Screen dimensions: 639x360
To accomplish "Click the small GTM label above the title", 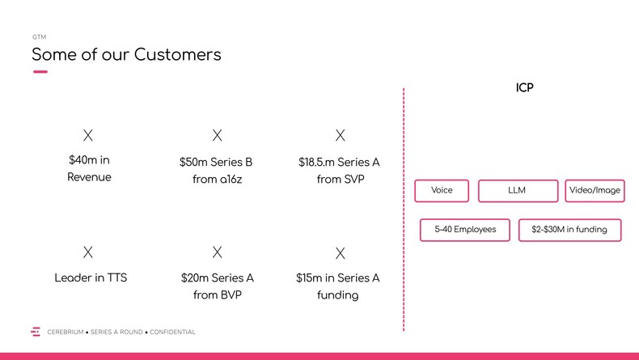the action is (39, 37).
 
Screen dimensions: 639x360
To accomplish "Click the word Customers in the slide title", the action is (177, 55).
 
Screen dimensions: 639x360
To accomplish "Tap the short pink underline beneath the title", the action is (40, 72).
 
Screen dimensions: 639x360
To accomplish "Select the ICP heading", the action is (524, 87).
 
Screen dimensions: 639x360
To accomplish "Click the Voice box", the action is (442, 191).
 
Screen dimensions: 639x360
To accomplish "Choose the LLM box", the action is (518, 191).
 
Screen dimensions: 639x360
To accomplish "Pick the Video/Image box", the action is (595, 191).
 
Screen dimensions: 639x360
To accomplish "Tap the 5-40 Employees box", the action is (465, 230).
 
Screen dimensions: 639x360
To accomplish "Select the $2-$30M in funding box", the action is (569, 230).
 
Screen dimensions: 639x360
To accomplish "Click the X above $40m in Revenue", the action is (88, 135).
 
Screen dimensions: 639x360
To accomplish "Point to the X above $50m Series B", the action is (218, 135).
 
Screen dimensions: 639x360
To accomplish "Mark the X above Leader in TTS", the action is (88, 252).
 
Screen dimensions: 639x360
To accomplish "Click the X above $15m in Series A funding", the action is (341, 253).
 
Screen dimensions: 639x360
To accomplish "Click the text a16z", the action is (230, 180).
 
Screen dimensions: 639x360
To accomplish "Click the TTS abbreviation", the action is (117, 277).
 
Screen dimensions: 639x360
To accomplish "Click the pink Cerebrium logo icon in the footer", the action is (36, 332).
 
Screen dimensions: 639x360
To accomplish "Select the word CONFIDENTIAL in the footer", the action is (172, 332).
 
